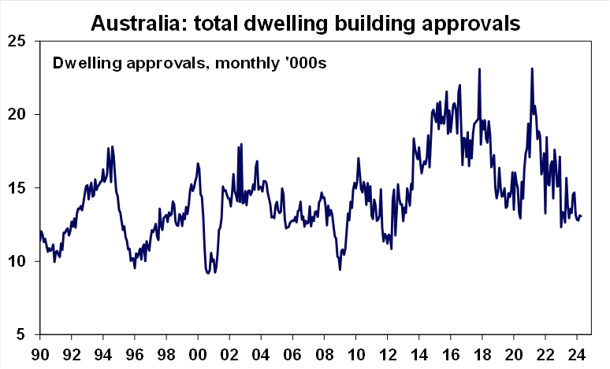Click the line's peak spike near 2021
(532, 68)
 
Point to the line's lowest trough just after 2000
(208, 273)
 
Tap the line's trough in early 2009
(340, 270)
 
